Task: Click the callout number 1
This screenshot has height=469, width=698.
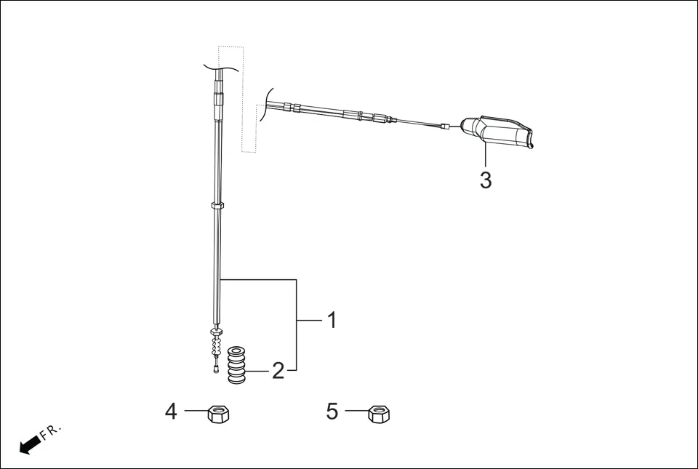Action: pos(332,320)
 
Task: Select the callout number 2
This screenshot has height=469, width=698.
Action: pos(278,372)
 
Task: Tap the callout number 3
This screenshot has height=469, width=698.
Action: pos(486,180)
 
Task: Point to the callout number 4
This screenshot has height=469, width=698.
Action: pos(171,412)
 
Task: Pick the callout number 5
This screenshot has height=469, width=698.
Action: pos(332,412)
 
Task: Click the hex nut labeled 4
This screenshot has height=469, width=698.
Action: pos(218,414)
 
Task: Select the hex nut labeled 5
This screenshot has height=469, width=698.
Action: pos(379,414)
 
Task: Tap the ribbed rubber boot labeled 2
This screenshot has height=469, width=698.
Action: pos(237,364)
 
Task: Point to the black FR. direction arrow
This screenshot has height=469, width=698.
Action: pos(29,445)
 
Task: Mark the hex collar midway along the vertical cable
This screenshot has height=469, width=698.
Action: pos(217,207)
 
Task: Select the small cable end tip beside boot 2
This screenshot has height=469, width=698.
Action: pos(217,370)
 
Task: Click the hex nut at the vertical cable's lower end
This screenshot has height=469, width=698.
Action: pos(217,332)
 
